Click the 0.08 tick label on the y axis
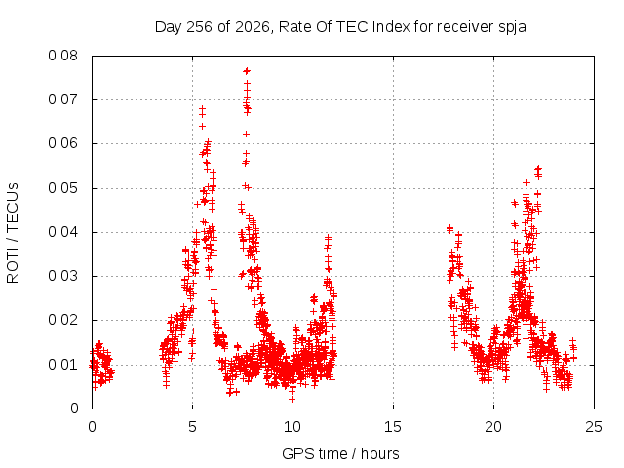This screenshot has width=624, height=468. pos(62,56)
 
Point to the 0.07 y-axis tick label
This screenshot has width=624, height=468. pos(62,99)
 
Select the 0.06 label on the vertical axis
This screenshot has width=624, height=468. pos(62,143)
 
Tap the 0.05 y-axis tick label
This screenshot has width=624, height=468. pos(62,188)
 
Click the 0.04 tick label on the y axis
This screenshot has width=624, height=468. pos(62,232)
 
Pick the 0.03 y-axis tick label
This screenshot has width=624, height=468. pos(62,276)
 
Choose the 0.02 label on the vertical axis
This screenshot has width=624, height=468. pos(62,320)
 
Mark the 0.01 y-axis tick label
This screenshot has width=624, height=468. pos(62,365)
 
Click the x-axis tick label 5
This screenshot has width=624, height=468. pos(193,427)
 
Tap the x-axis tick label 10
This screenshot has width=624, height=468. pos(292,427)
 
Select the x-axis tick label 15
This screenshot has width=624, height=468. pos(393,427)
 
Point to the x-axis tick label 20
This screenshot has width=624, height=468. pos(493,427)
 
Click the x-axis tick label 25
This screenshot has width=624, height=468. pos(594,427)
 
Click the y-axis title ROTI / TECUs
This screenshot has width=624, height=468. pos(13,233)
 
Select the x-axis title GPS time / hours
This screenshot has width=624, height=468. pos(340,454)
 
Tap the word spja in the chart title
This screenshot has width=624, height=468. pos(513,27)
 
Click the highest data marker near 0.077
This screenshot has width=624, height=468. pos(247,71)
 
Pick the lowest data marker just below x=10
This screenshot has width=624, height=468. pos(292,399)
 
